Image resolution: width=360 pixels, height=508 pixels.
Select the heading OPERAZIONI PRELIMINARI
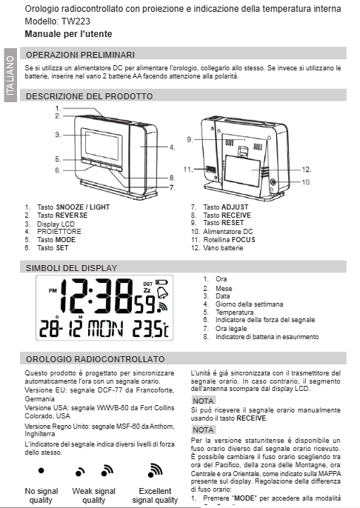click(80, 54)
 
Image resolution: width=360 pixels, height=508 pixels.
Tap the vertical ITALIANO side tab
click(9, 77)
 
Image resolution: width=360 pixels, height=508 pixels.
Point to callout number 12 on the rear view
click(306, 169)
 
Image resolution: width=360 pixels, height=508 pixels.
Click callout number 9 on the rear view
click(190, 138)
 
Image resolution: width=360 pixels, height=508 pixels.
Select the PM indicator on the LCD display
click(51, 290)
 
